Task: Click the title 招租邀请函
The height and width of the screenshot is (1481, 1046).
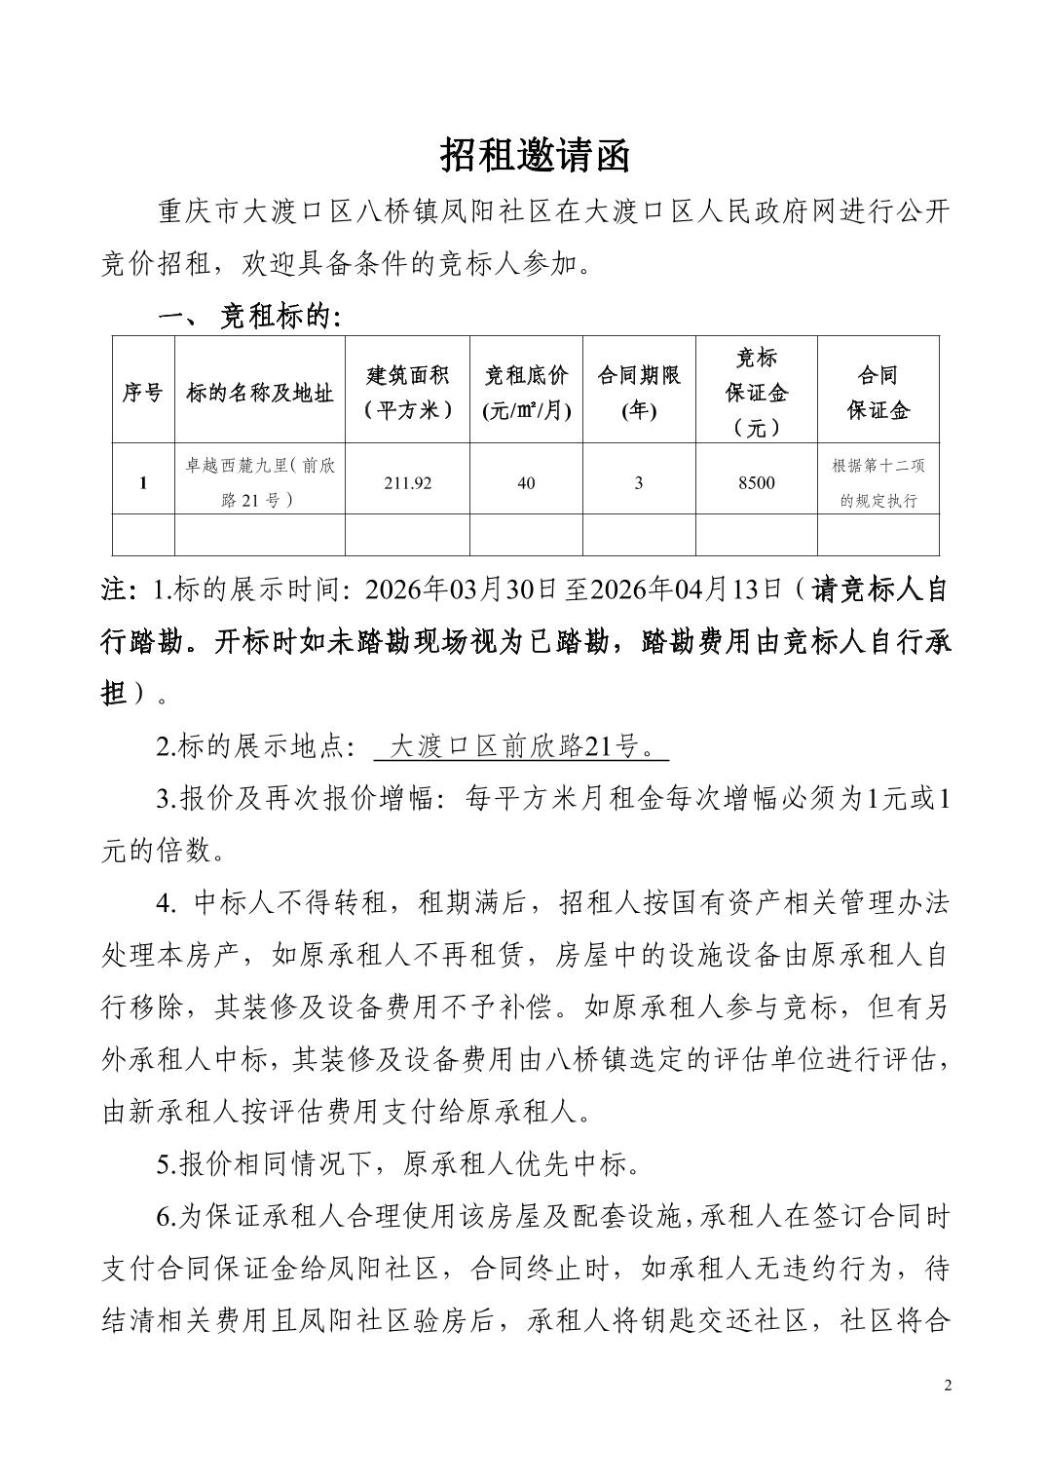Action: coord(535,155)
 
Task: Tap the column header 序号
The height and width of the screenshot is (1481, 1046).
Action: coord(143,393)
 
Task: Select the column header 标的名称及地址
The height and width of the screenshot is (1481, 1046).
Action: coord(260,393)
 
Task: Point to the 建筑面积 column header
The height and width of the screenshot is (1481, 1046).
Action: coord(408,392)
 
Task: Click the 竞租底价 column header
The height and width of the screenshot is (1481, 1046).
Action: coord(526,392)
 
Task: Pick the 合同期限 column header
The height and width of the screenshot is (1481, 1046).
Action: coord(639,392)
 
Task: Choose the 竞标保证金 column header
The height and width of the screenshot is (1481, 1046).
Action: coord(756,392)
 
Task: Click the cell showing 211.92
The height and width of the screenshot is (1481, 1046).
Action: coord(408,483)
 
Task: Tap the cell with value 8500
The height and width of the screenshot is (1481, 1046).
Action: coord(756,483)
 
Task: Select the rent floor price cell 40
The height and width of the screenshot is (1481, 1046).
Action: coord(526,483)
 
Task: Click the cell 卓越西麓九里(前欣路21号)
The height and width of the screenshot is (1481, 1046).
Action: coord(260,483)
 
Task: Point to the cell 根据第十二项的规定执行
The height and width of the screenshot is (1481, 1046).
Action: coord(878,483)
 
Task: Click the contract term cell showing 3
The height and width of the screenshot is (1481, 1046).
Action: coord(639,483)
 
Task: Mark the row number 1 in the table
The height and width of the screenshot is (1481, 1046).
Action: coord(143,483)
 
